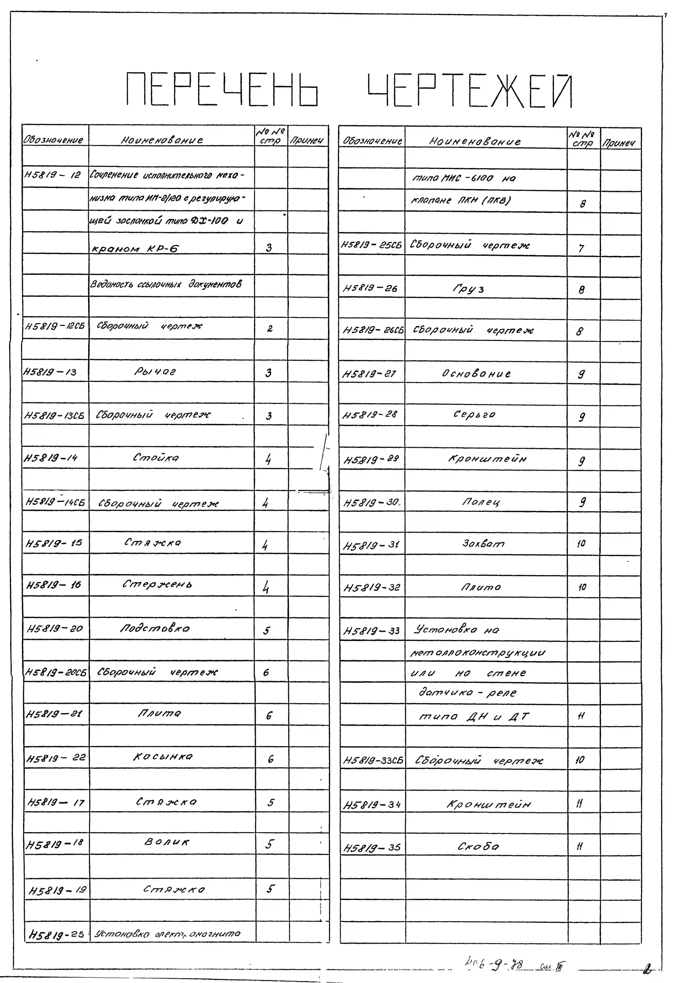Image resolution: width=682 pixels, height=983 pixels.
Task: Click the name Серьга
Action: pos(474,414)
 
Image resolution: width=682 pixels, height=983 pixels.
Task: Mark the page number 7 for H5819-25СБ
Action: pos(581,248)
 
